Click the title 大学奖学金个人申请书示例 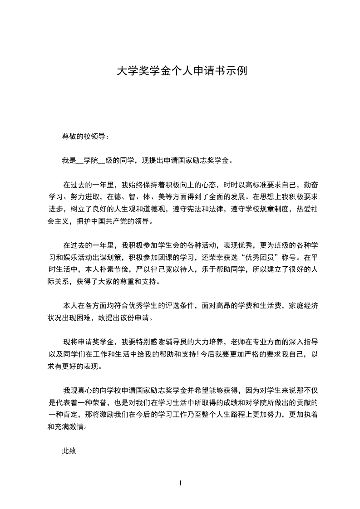182,71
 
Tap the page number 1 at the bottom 180,483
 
